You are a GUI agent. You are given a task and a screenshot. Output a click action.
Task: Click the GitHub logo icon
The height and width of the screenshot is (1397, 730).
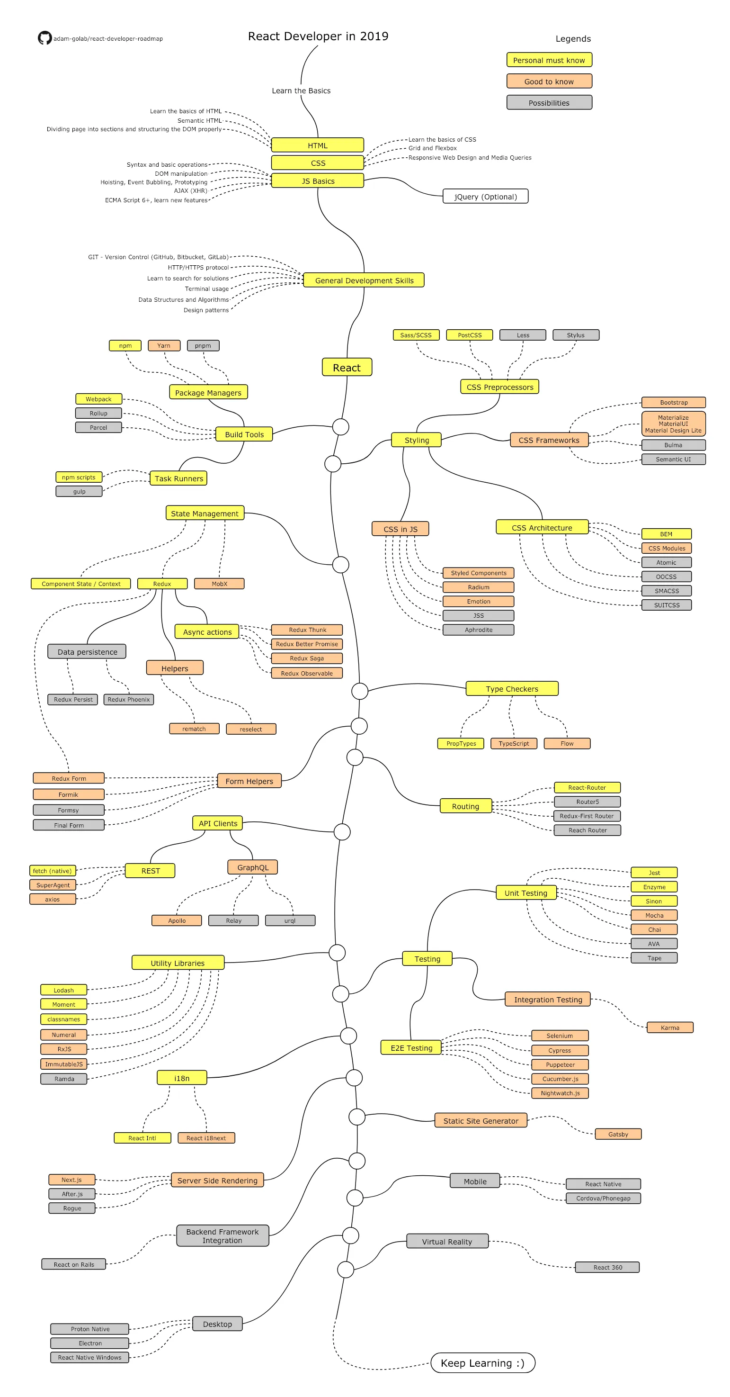45,38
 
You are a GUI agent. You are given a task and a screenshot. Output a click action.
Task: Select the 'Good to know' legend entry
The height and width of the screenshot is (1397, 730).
549,81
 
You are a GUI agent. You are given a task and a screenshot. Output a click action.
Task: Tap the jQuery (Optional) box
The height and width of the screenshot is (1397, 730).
485,196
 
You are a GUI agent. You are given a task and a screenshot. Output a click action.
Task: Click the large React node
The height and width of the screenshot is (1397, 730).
347,367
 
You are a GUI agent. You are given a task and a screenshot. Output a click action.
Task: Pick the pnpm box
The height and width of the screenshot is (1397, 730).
203,345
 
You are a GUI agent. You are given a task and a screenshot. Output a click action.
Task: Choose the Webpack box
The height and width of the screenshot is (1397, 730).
98,399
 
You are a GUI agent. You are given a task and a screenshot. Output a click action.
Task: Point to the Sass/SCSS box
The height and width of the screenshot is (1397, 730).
416,335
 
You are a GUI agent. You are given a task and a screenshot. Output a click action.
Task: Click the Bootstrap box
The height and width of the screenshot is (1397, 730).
673,402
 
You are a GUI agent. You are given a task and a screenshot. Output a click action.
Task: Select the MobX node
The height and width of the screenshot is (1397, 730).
220,584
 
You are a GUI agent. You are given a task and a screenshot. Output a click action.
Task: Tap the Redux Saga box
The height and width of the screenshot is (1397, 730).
307,658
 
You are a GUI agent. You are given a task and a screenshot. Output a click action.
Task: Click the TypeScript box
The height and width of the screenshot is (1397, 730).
513,744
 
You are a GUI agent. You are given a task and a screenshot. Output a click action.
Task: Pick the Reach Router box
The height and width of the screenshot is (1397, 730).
587,830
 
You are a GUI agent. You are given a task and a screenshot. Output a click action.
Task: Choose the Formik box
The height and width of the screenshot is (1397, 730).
68,794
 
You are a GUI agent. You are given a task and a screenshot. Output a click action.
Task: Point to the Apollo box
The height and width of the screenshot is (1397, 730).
177,920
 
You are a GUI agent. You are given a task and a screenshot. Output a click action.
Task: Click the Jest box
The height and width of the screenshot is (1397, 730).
654,873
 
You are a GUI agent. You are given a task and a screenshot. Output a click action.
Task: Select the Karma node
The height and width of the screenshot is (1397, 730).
669,1027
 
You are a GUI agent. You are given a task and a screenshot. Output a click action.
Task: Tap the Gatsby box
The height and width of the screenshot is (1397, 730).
618,1134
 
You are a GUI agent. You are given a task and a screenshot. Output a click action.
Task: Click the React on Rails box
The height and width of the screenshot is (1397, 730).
74,1264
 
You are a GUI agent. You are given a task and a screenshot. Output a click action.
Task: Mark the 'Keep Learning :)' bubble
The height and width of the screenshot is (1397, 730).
482,1363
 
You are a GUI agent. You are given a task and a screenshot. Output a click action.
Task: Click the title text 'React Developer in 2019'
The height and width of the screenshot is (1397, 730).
318,36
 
